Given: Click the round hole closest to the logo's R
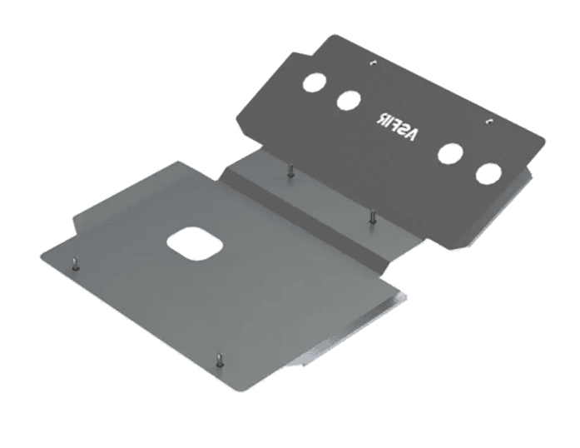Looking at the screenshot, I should click(348, 101).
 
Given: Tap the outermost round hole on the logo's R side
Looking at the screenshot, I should click(315, 83).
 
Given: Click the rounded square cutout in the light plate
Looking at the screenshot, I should click(194, 242).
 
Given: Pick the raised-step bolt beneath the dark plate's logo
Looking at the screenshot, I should click(372, 216).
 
